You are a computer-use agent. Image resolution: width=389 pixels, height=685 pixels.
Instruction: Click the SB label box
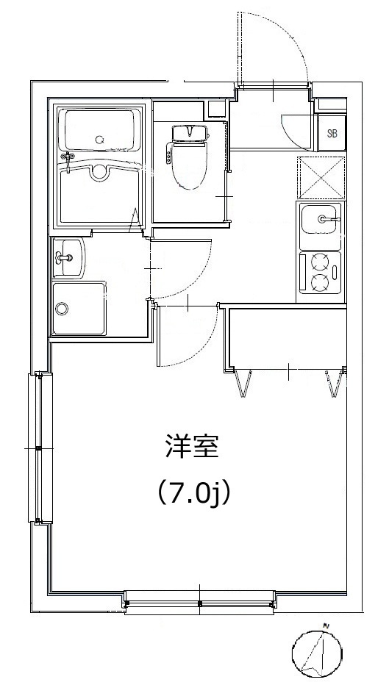pos(332,132)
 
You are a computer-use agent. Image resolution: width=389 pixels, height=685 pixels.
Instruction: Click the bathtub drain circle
pos(100,140)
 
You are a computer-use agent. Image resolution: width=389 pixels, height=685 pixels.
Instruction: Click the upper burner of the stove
pos(318,263)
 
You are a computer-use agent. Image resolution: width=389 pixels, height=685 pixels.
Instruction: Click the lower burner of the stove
pos(318,282)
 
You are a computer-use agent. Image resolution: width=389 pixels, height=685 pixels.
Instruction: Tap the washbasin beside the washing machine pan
pos(68,258)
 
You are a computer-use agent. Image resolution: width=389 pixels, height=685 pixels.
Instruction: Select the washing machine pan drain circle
pos(62,309)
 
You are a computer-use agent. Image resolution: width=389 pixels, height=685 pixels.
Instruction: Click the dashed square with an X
pos(321,178)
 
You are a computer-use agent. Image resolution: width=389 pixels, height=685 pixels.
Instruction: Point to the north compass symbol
pos(318,650)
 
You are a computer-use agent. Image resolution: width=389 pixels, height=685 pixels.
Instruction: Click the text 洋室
pos(191,446)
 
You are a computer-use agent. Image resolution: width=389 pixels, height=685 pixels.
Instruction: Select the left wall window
pos(40,448)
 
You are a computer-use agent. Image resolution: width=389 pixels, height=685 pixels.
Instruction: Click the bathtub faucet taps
pos(68,158)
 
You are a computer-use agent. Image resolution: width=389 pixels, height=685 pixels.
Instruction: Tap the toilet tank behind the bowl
pos(189,133)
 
